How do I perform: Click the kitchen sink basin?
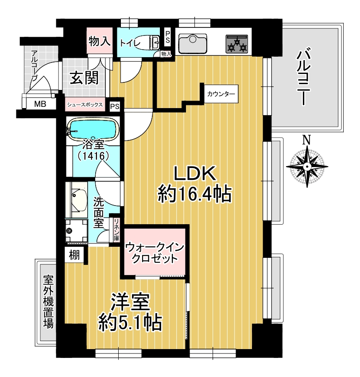(193, 44)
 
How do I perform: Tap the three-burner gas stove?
(237, 44)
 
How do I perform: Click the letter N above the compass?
(306, 140)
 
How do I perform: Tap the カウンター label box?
(221, 94)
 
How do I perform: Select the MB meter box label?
(40, 104)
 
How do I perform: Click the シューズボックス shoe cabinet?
(85, 105)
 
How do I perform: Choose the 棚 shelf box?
(74, 255)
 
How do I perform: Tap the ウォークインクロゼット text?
(155, 253)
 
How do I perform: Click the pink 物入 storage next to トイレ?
(100, 40)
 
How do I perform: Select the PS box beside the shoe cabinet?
(115, 106)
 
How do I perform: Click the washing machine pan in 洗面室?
(77, 230)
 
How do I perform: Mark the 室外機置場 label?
(48, 302)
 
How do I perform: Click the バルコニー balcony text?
(303, 76)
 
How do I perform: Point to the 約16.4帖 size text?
(194, 194)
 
